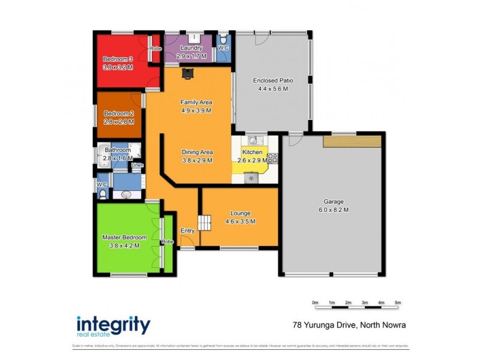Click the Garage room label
point(334,202)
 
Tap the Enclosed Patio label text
point(273,80)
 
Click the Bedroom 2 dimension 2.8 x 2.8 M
point(119,122)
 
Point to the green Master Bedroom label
point(124,238)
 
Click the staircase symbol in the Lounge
point(206,223)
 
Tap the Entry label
point(187,230)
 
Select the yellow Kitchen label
point(252,153)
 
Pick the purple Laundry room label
point(191,48)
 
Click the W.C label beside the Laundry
point(223,47)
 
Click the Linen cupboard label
point(137,164)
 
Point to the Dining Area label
point(197,152)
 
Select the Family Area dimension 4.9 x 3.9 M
point(196,110)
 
